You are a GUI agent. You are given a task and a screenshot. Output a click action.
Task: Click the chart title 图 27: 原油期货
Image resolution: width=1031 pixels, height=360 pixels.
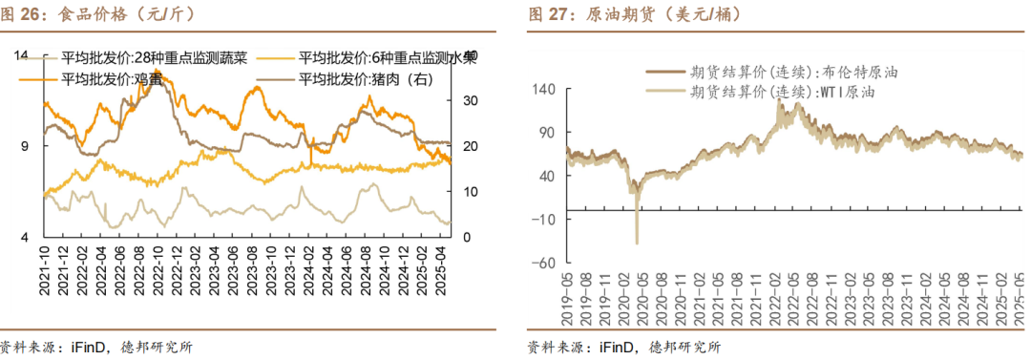pos(610,14)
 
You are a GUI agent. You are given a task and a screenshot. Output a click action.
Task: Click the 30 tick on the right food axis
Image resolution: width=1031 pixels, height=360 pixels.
pos(469,100)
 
